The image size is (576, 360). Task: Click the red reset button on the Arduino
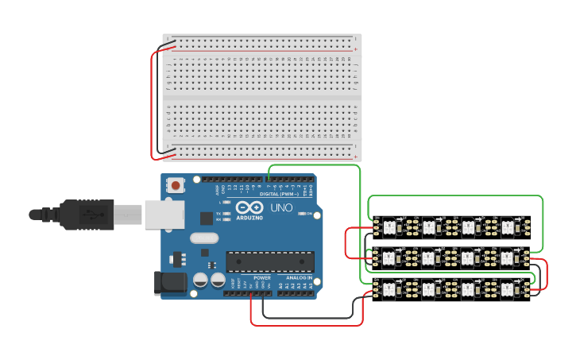[175, 185]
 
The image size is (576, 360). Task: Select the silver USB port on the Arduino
[164, 215]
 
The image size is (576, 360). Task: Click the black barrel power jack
[170, 283]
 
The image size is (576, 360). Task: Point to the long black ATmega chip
[270, 261]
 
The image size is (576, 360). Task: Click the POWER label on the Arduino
[262, 278]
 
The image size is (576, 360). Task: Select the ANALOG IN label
[300, 278]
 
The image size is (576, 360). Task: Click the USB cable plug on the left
[79, 214]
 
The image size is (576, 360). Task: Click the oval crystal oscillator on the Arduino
[203, 238]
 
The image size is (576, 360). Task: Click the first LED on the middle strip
[389, 258]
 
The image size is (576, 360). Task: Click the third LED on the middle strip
[467, 258]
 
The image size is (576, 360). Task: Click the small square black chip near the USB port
[206, 218]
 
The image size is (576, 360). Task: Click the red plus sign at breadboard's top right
[355, 49]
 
